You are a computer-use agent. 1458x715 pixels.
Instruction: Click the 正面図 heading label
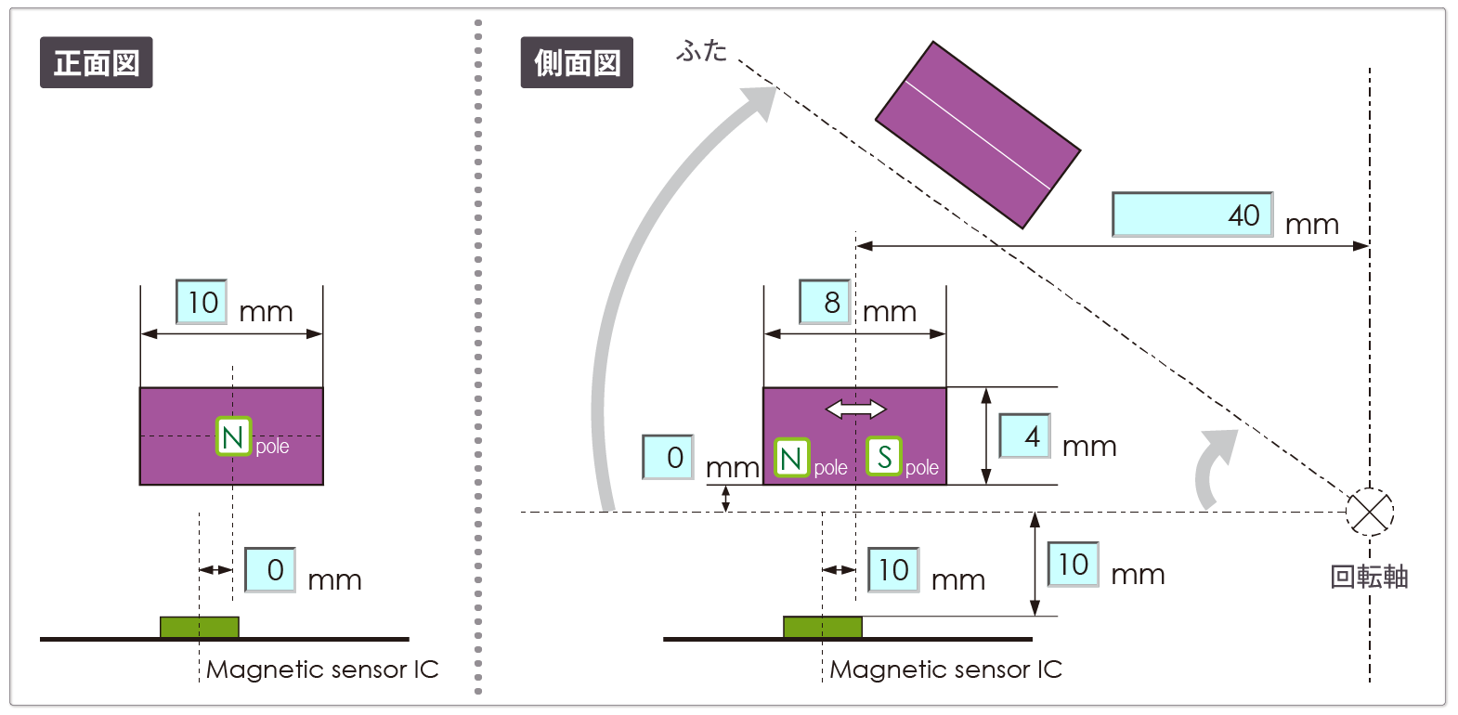(96, 63)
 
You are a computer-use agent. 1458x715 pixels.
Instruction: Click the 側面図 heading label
(577, 63)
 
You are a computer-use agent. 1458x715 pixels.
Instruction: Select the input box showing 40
(1191, 214)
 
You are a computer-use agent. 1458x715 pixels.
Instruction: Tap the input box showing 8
(825, 302)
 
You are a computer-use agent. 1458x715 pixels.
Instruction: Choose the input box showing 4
(1024, 435)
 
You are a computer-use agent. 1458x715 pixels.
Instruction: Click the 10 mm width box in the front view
(202, 302)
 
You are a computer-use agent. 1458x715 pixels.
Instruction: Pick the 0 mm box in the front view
(270, 569)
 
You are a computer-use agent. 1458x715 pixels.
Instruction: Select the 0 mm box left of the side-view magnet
(668, 457)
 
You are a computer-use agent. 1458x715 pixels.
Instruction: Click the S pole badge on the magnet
(884, 457)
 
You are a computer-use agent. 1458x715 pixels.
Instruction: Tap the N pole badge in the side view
(792, 458)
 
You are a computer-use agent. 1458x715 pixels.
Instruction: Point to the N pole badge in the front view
(234, 436)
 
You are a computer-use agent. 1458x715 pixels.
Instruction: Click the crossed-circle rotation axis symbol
(1370, 512)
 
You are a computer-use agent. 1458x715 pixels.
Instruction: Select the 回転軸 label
(1369, 577)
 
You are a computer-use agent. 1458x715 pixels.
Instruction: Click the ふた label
(702, 50)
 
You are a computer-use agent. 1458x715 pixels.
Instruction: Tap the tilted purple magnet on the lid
(978, 135)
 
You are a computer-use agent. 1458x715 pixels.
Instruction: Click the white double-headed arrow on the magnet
(855, 409)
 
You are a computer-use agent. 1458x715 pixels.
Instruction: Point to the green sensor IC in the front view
(200, 628)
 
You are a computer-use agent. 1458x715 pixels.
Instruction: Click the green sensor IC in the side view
(823, 628)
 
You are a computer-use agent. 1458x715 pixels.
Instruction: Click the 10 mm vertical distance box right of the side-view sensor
(1073, 565)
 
